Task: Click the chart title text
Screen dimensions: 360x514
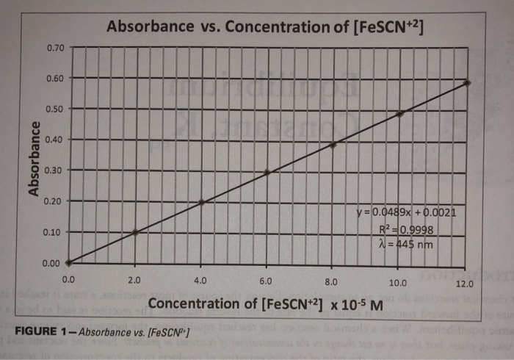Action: click(265, 27)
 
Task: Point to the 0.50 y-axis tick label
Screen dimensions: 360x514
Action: click(55, 109)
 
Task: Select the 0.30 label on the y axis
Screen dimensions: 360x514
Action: click(55, 170)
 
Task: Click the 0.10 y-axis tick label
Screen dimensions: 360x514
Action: click(55, 232)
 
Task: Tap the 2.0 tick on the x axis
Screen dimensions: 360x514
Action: click(134, 280)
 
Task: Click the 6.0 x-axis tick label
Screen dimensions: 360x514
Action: click(266, 281)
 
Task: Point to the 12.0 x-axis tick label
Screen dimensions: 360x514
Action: click(464, 284)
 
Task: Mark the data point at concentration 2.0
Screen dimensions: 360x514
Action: click(135, 231)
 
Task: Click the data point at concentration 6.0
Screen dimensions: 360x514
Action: click(267, 173)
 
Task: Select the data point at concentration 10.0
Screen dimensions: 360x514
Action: click(400, 114)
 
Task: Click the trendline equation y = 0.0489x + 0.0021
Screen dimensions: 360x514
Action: click(415, 214)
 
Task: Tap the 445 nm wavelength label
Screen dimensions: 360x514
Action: click(412, 243)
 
